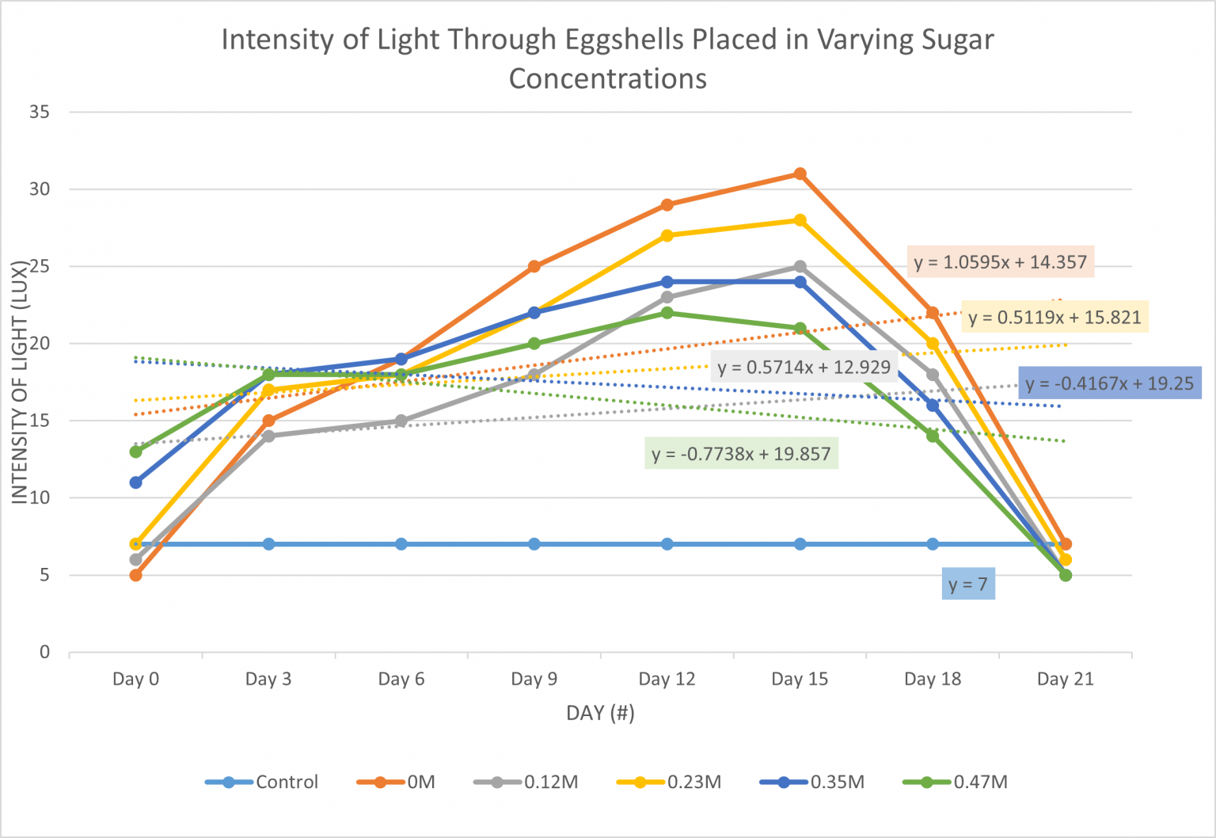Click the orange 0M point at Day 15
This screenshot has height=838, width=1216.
800,173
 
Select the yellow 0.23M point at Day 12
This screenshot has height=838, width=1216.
667,235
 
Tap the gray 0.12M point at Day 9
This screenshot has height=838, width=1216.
534,375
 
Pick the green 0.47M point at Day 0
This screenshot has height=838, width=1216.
135,451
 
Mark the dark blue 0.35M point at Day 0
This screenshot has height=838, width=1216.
135,482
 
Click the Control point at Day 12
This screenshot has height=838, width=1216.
667,544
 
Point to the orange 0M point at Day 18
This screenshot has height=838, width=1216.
933,313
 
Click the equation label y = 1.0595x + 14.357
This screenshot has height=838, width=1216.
1000,262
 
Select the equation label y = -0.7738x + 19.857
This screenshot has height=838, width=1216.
741,454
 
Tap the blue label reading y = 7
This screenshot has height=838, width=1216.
967,585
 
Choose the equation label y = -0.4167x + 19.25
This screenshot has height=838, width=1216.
1109,383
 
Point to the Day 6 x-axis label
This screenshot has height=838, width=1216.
401,679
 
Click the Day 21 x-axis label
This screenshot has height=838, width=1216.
1065,679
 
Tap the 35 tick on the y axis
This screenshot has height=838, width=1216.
40,112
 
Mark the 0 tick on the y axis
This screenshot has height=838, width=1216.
44,652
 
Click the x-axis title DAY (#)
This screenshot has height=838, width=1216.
600,713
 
